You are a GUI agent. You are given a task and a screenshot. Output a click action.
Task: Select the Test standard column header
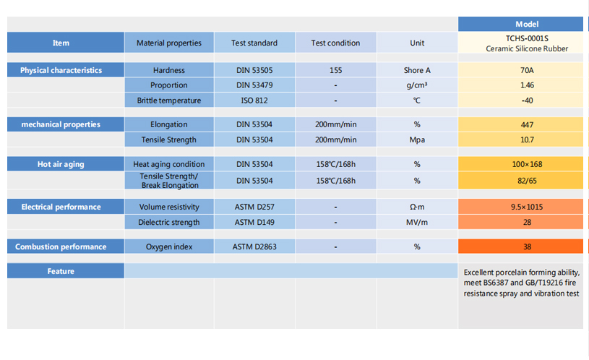[x=254, y=43]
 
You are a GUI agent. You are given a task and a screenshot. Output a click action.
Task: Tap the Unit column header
[x=417, y=43]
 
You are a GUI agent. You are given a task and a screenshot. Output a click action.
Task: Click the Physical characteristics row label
[x=61, y=70]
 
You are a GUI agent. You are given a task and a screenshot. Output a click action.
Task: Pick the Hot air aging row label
[x=61, y=164]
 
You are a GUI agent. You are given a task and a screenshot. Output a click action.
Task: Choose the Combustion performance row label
[x=61, y=247]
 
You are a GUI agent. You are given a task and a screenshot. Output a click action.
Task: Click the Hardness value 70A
[x=527, y=70]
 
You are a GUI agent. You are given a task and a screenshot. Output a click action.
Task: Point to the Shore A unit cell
[x=417, y=70]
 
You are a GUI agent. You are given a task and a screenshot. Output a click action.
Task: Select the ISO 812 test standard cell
[x=254, y=100]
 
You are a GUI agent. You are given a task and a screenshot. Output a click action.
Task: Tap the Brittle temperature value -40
[x=527, y=100]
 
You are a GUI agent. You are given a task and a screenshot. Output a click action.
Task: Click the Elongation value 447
[x=527, y=124]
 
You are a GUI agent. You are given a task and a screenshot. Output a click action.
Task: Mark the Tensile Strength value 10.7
[x=527, y=140]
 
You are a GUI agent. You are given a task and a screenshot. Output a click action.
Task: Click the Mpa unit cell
[x=417, y=140]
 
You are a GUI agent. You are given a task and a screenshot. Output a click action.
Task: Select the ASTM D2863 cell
[x=254, y=247]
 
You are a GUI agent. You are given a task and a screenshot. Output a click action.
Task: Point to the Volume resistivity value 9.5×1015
[x=527, y=207]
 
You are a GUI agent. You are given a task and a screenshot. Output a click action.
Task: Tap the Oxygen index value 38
[x=527, y=247]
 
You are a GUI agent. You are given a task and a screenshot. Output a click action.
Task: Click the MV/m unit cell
[x=417, y=222]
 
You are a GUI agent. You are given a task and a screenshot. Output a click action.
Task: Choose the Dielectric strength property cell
[x=168, y=222]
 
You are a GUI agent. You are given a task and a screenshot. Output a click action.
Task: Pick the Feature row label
[x=61, y=271]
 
